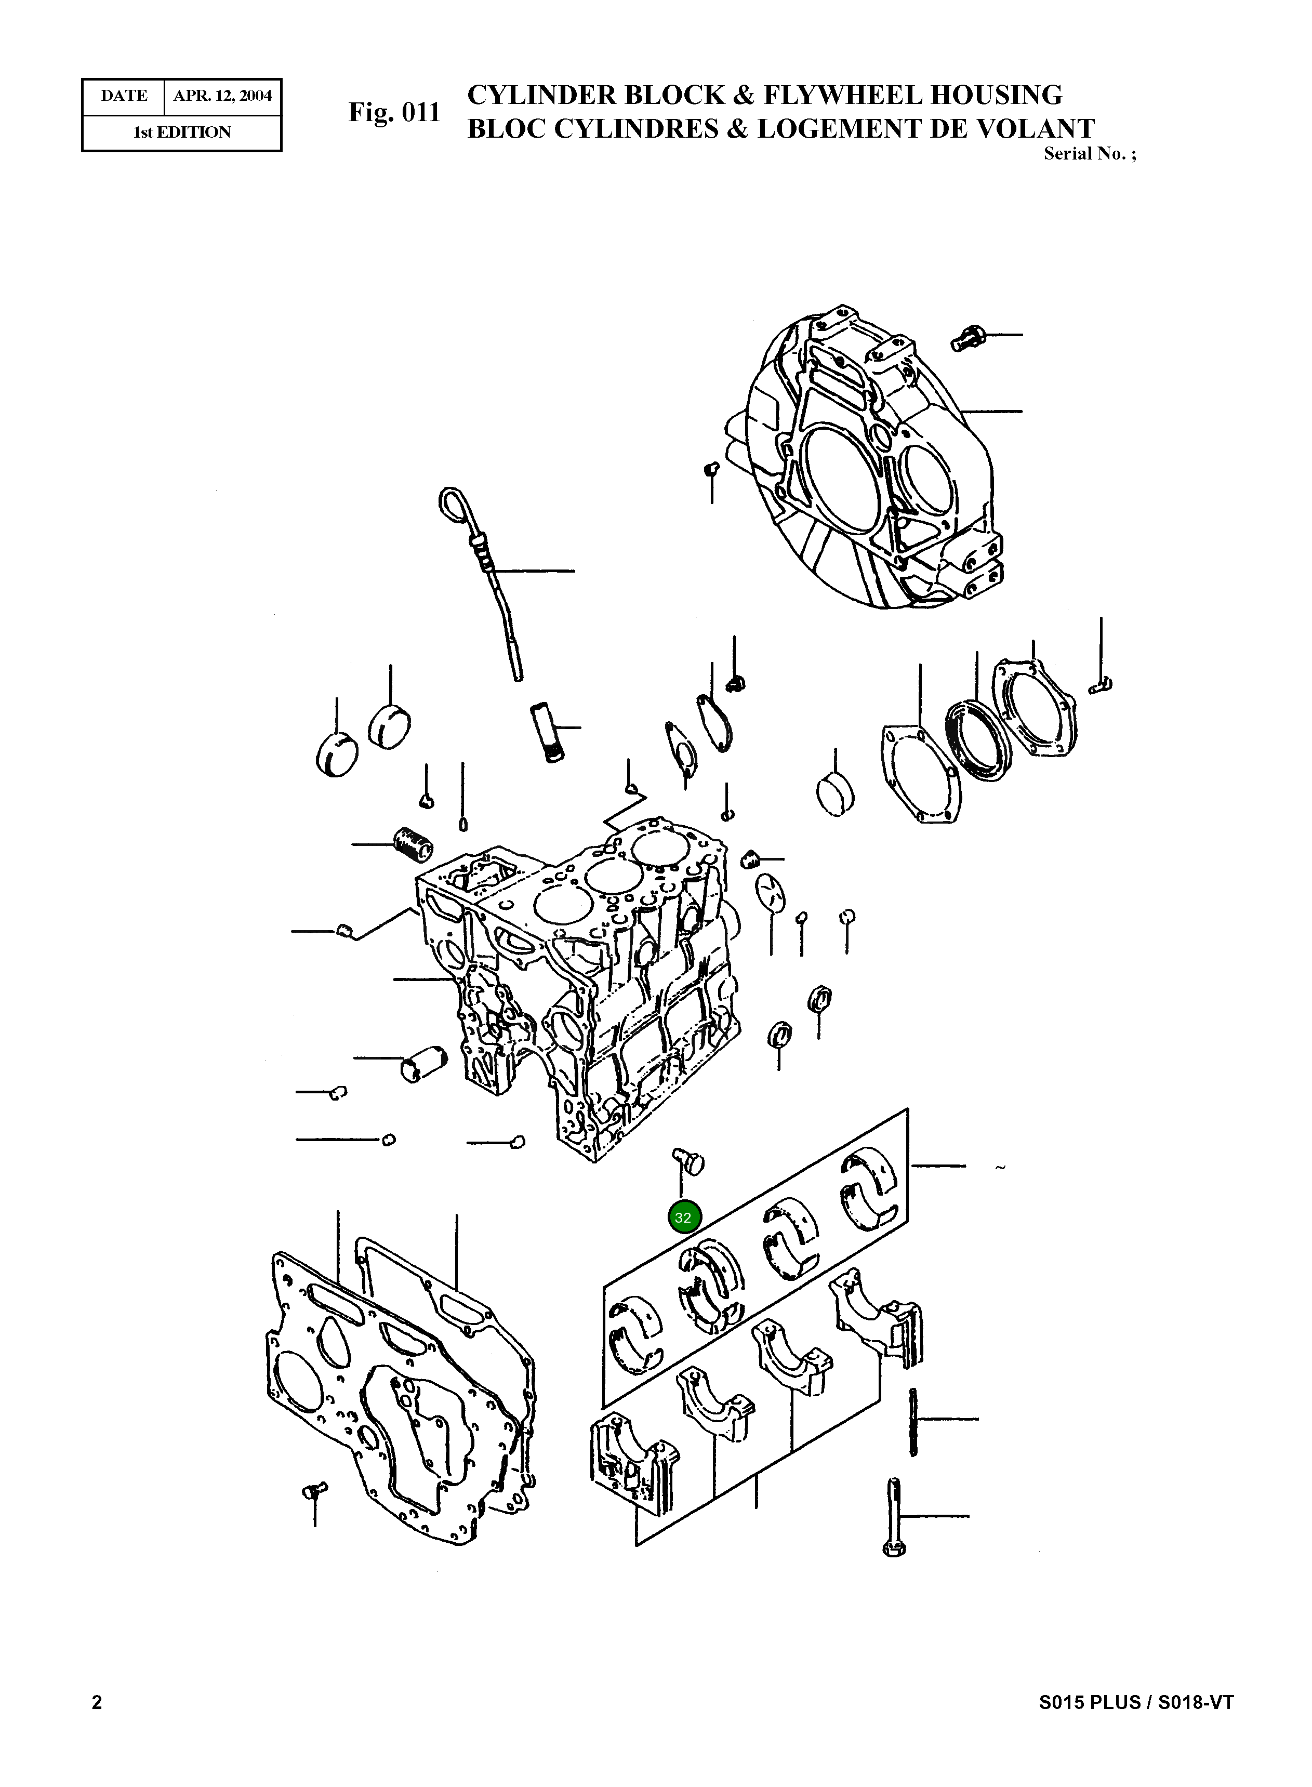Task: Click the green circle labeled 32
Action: (x=683, y=1217)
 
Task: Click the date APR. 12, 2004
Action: (x=222, y=96)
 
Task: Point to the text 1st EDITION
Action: (x=182, y=133)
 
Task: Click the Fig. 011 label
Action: (x=394, y=113)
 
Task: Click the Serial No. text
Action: (x=1089, y=154)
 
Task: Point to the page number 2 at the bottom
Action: (x=97, y=1702)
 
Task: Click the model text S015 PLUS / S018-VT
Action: (x=1136, y=1702)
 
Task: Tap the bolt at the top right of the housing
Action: (x=966, y=338)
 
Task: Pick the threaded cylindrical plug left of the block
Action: (x=413, y=843)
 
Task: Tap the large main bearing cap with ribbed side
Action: (x=633, y=1460)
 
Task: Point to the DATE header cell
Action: (x=124, y=96)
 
